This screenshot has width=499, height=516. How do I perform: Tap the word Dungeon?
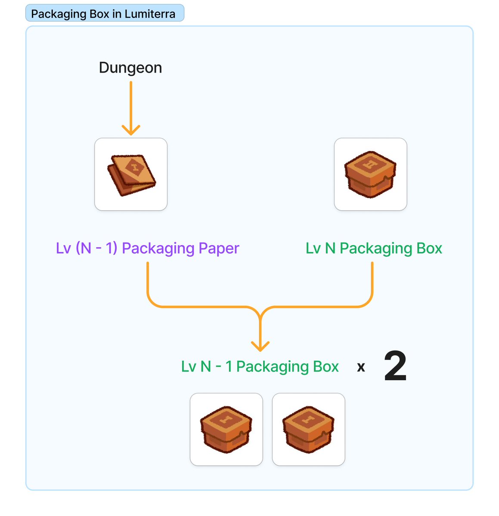click(130, 68)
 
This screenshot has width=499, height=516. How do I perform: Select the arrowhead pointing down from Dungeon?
click(131, 130)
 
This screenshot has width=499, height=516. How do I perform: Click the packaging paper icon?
click(131, 175)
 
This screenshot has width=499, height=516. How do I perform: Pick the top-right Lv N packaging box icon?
click(370, 175)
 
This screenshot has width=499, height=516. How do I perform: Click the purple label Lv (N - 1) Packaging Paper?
click(147, 249)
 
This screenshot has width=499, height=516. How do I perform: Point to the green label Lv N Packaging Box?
click(374, 249)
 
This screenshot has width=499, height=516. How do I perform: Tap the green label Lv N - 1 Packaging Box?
click(260, 367)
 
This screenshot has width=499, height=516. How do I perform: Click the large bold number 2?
click(395, 367)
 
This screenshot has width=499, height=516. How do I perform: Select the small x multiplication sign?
click(361, 367)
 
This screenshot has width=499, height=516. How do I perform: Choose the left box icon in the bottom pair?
click(226, 430)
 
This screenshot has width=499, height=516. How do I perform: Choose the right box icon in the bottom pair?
click(308, 430)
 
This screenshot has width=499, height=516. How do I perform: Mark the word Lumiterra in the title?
click(150, 14)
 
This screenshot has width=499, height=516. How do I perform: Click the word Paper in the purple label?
click(218, 249)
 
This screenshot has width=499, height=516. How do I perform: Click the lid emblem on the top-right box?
click(370, 163)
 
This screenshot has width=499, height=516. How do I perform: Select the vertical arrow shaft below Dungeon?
click(131, 103)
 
